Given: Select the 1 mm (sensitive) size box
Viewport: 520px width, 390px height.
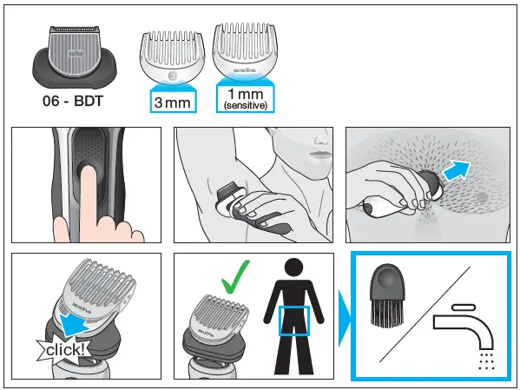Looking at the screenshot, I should coord(244,97).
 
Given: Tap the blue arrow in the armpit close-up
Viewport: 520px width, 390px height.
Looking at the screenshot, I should coord(455,169).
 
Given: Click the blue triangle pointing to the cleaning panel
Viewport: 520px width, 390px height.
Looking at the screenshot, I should coord(342,317).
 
